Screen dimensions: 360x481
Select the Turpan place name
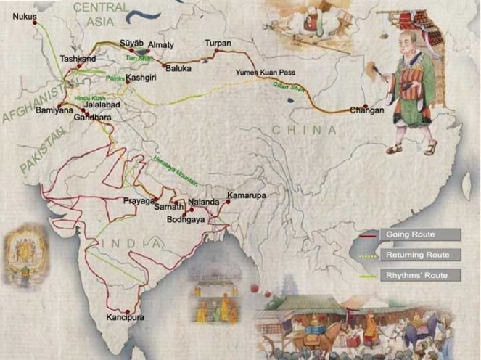tap(218, 44)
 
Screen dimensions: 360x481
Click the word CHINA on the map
tap(305, 131)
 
